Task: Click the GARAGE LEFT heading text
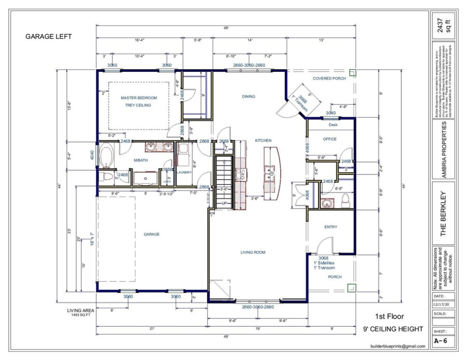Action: (48, 36)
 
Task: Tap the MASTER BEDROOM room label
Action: (138, 98)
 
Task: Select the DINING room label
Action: (249, 97)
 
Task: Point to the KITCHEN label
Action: (263, 141)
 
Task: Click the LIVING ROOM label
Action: (253, 253)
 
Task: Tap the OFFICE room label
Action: (330, 139)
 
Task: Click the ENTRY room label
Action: (331, 227)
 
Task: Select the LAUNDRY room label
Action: (185, 172)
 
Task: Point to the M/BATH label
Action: (141, 161)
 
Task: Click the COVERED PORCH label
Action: (329, 79)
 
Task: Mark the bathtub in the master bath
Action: (105, 157)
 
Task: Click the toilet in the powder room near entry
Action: (345, 200)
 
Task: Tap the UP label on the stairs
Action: (224, 203)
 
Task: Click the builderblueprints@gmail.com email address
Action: (397, 346)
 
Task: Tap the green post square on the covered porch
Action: (353, 73)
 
